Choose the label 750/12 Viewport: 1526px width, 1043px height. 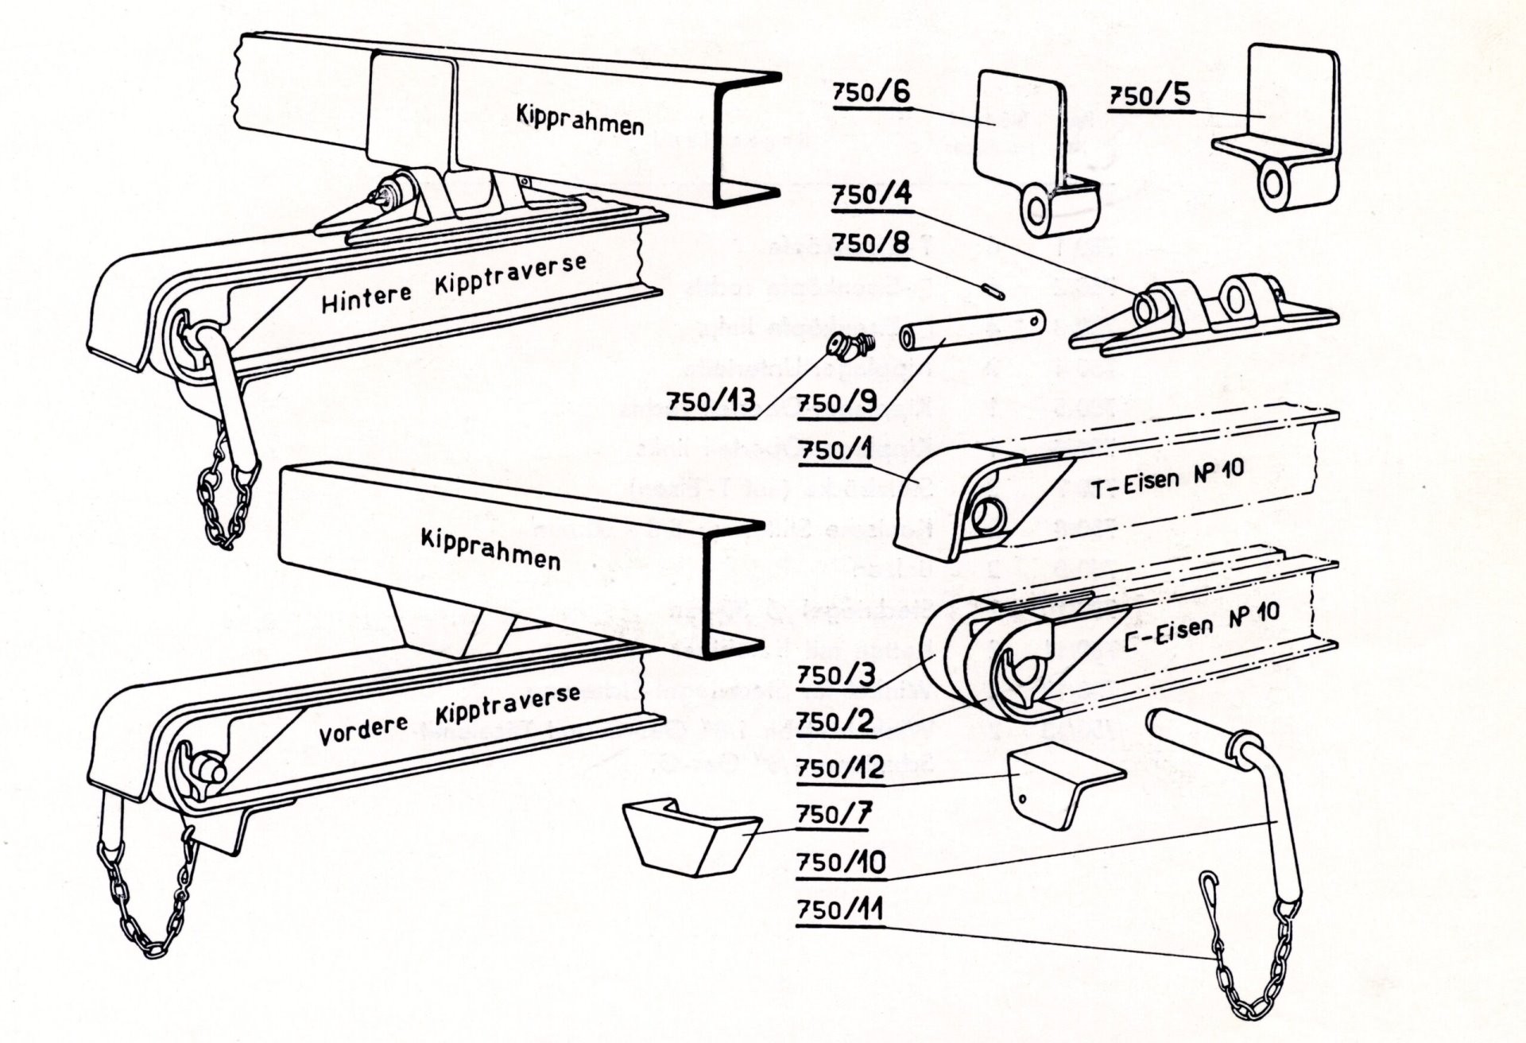click(x=839, y=769)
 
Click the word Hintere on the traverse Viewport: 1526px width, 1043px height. click(x=366, y=298)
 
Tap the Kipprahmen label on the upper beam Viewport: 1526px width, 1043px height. click(x=580, y=120)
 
